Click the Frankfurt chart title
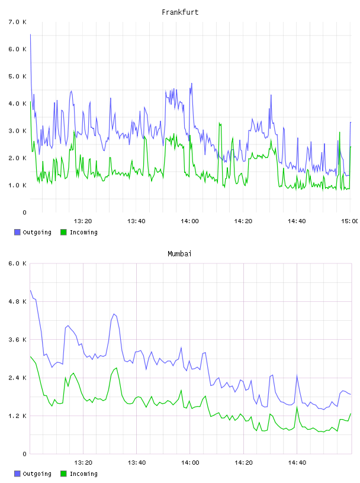[180, 12]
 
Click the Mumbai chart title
[179, 253]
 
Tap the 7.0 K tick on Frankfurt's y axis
[18, 22]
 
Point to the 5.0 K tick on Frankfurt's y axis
[18, 76]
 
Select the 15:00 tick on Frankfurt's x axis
[349, 221]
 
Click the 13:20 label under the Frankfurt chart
[83, 221]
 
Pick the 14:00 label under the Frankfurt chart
[189, 221]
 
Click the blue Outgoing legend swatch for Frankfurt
[17, 232]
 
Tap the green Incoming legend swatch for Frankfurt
[63, 232]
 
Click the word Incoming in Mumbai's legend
[83, 474]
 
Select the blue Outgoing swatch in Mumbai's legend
[17, 474]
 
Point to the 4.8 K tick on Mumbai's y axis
[18, 301]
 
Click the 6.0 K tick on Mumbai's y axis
[18, 263]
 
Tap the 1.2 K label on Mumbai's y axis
[18, 416]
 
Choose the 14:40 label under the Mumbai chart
[297, 462]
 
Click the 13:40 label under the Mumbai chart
[137, 462]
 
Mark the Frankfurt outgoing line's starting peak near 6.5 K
[30, 34]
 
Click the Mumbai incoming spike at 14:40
[297, 407]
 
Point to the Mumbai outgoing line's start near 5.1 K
[30, 290]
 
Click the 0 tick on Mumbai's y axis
[25, 454]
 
